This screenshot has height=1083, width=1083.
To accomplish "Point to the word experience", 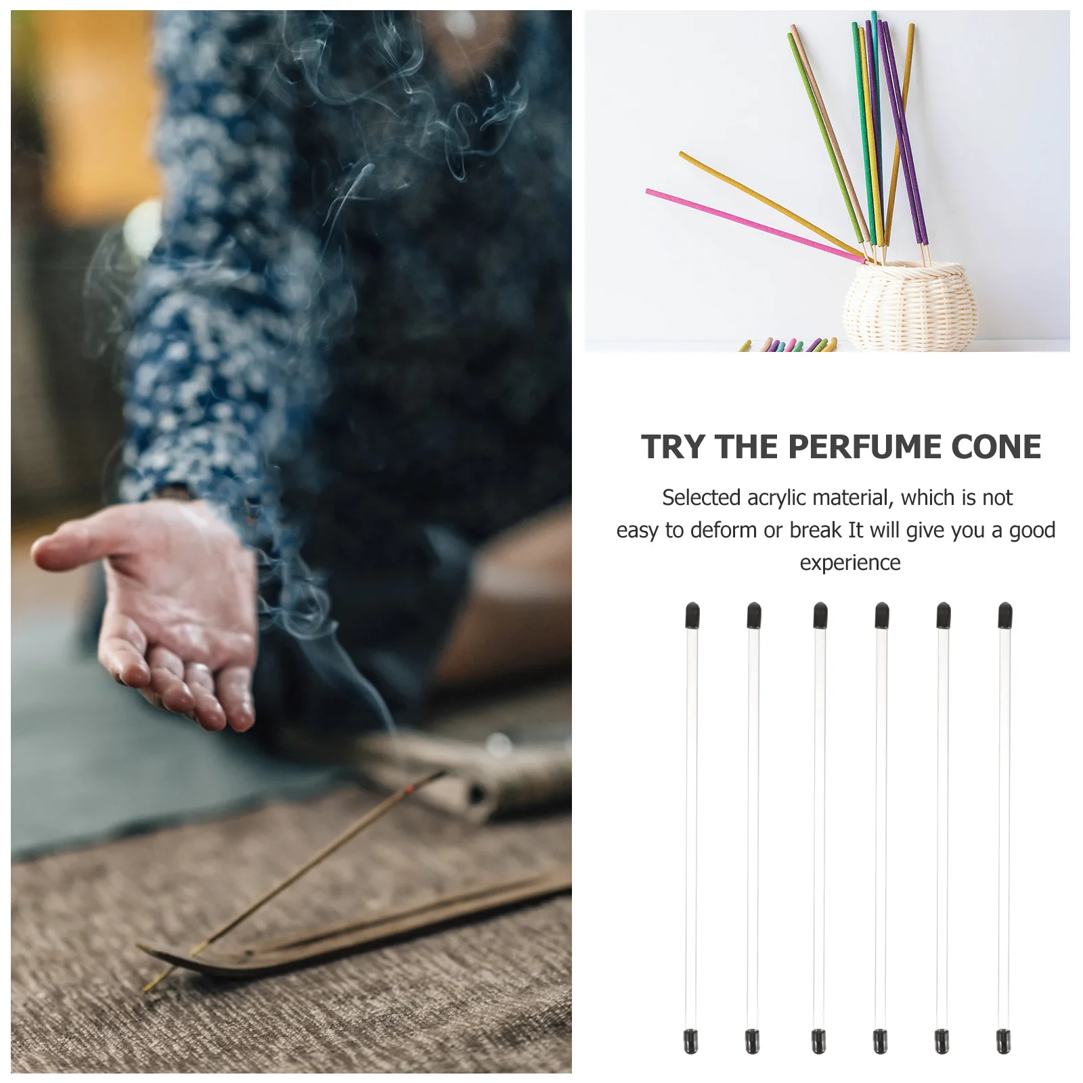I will point(850,563).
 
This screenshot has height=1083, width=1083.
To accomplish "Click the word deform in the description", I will point(724,531).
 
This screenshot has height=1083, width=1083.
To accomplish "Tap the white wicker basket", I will point(910,307).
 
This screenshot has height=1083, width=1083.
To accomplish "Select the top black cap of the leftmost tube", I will point(692,615).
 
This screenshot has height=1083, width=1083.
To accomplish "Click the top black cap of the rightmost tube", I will point(1005,615).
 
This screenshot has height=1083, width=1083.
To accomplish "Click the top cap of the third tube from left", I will point(820,615).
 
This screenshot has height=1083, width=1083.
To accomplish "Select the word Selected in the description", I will point(701,498).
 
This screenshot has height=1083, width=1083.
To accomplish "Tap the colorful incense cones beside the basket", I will point(789,345).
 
